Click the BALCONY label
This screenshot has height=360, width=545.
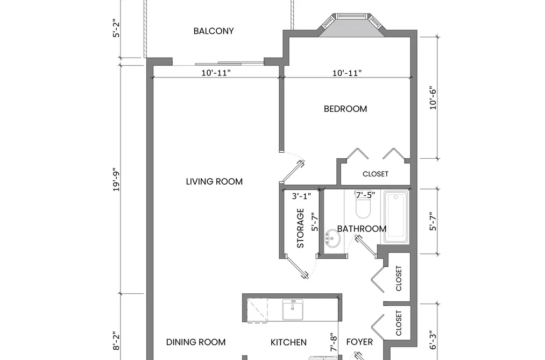pyautogui.click(x=214, y=31)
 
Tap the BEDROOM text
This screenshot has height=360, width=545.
pyautogui.click(x=345, y=109)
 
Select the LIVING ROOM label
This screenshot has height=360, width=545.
pyautogui.click(x=214, y=181)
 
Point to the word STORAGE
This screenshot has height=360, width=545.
pyautogui.click(x=300, y=228)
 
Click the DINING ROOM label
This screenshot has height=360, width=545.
pyautogui.click(x=196, y=342)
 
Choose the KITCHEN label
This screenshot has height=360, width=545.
pyautogui.click(x=288, y=342)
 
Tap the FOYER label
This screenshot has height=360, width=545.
pyautogui.click(x=359, y=342)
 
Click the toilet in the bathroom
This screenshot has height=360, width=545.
pyautogui.click(x=363, y=205)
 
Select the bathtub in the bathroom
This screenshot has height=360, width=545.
pyautogui.click(x=396, y=216)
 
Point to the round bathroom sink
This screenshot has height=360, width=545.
pyautogui.click(x=332, y=239)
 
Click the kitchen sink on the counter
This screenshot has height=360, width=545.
pyautogui.click(x=293, y=309)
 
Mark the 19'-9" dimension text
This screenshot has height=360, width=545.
pyautogui.click(x=116, y=180)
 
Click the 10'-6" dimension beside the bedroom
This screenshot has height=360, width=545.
pyautogui.click(x=433, y=98)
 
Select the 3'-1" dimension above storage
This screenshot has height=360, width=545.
pyautogui.click(x=301, y=196)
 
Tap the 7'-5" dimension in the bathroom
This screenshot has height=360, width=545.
pyautogui.click(x=365, y=195)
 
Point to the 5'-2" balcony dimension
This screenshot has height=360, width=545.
pyautogui.click(x=116, y=28)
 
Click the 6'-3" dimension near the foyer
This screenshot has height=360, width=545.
pyautogui.click(x=433, y=340)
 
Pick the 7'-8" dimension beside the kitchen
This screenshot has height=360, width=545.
pyautogui.click(x=334, y=343)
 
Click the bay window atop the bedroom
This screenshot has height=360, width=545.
pyautogui.click(x=352, y=24)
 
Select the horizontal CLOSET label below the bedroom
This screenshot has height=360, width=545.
pyautogui.click(x=376, y=174)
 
